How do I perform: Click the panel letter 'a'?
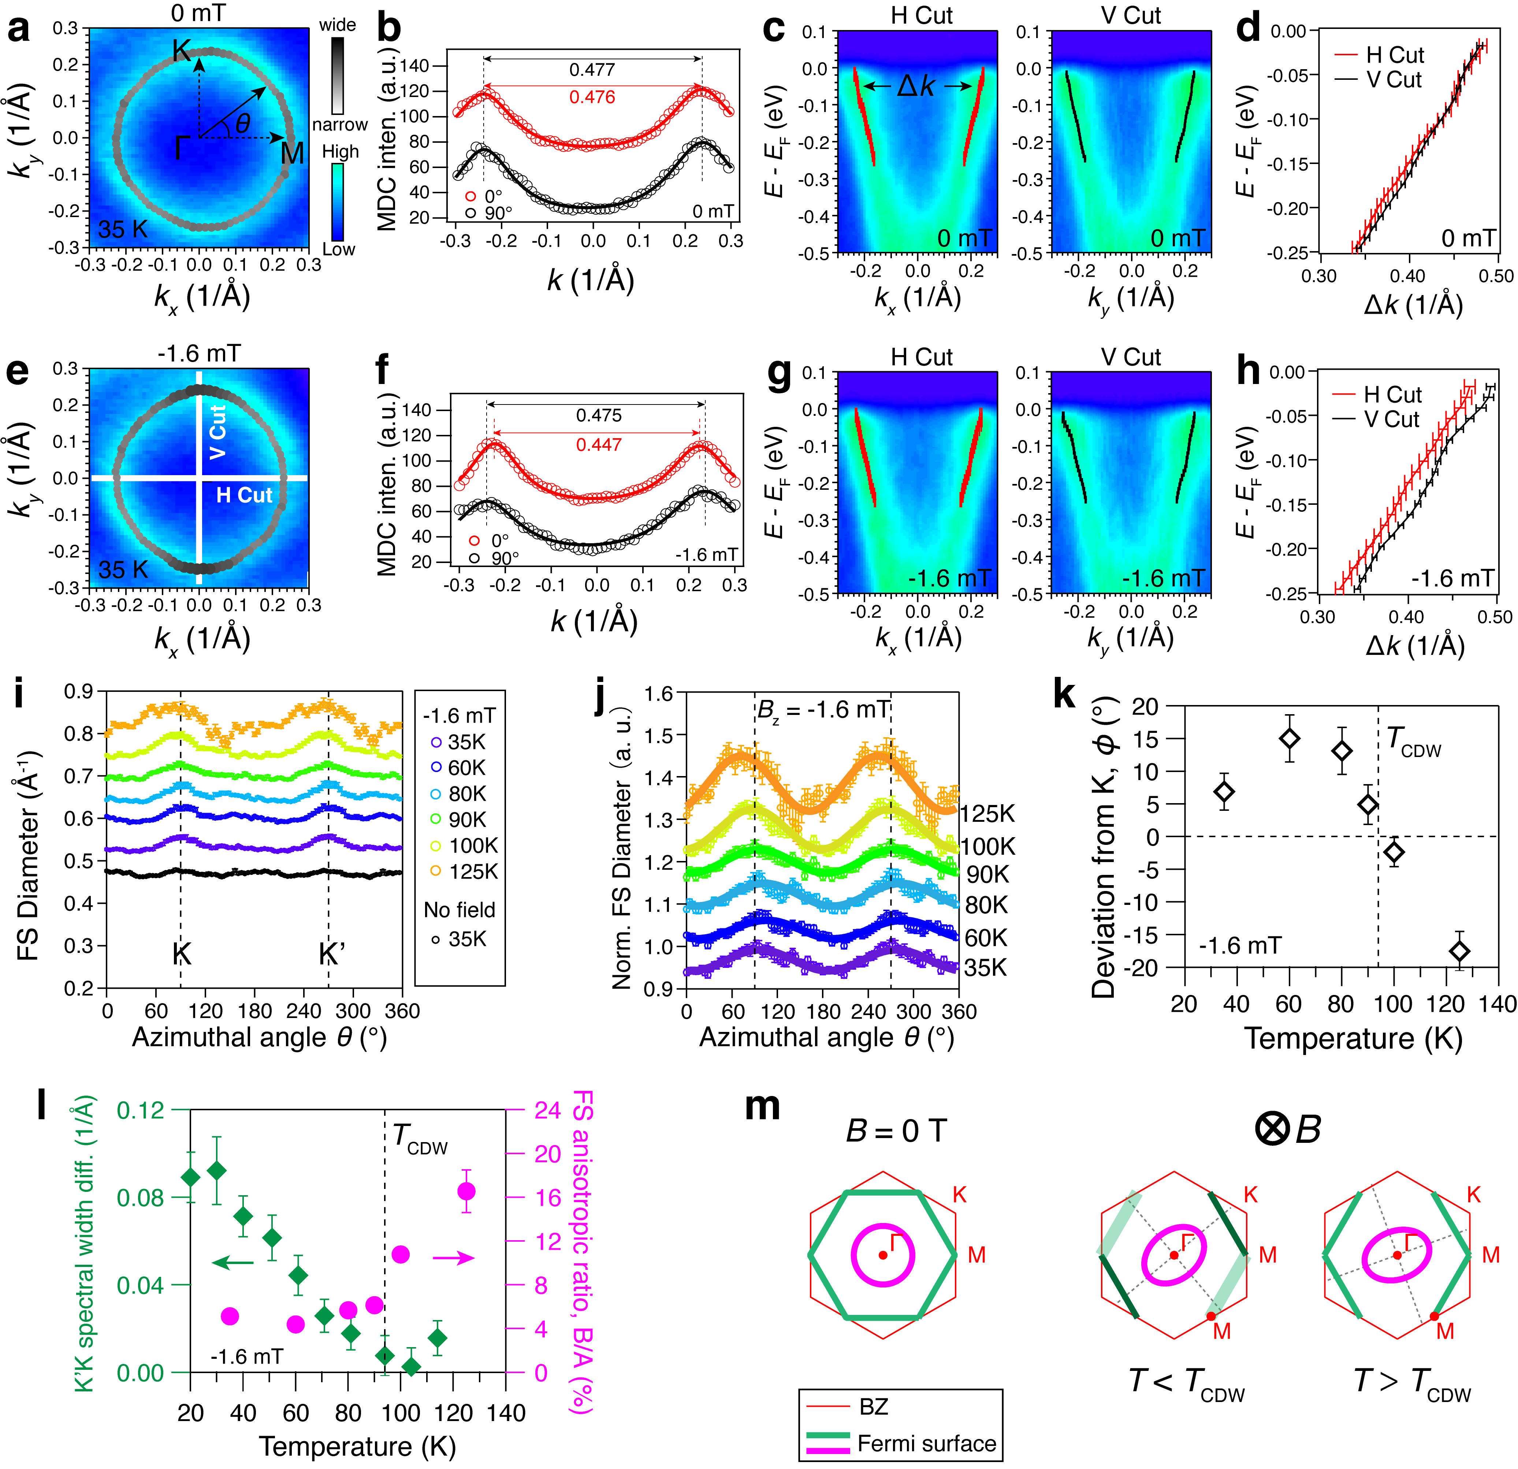[x=19, y=29]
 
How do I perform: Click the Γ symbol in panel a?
[x=181, y=147]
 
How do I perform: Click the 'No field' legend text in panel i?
[x=459, y=910]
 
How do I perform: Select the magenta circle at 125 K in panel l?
[x=466, y=1192]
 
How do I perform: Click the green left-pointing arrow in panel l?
[x=232, y=1264]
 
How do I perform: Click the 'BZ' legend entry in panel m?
[x=874, y=1407]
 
